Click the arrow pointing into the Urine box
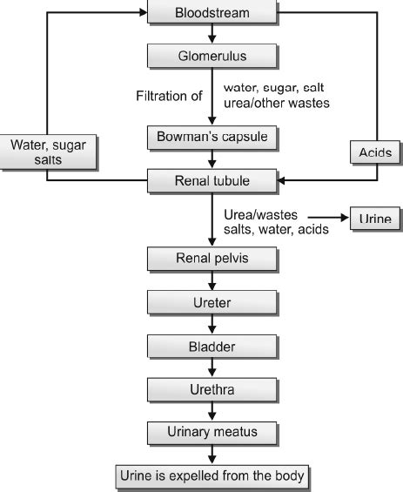[x=322, y=218]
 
